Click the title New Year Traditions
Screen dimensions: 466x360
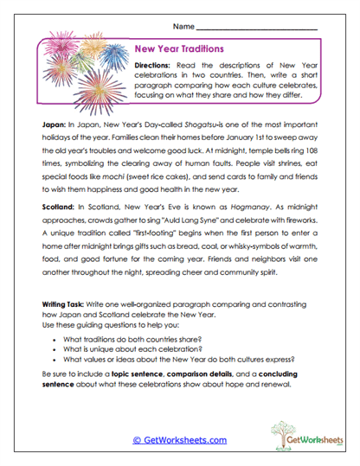(180, 49)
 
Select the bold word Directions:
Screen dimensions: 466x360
(156, 67)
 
